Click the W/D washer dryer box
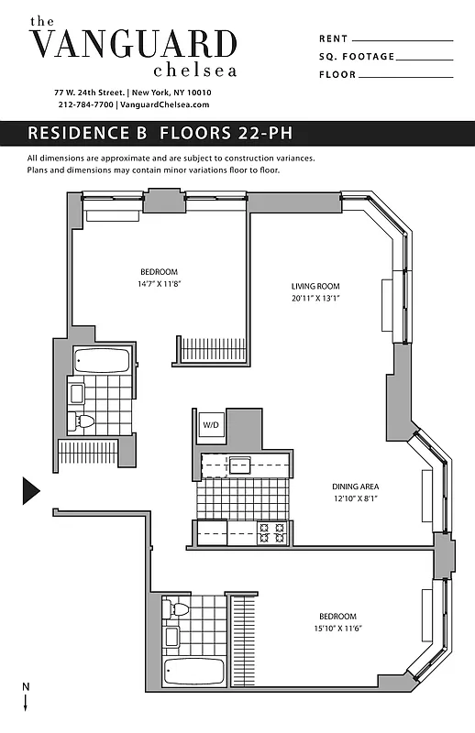(x=211, y=424)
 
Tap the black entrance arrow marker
(x=30, y=490)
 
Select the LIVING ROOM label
(x=315, y=286)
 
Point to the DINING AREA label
(x=356, y=487)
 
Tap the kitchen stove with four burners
(x=271, y=532)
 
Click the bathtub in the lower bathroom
(x=193, y=673)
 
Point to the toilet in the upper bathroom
(x=85, y=421)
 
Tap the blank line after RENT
(x=402, y=40)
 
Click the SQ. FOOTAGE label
(x=357, y=57)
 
